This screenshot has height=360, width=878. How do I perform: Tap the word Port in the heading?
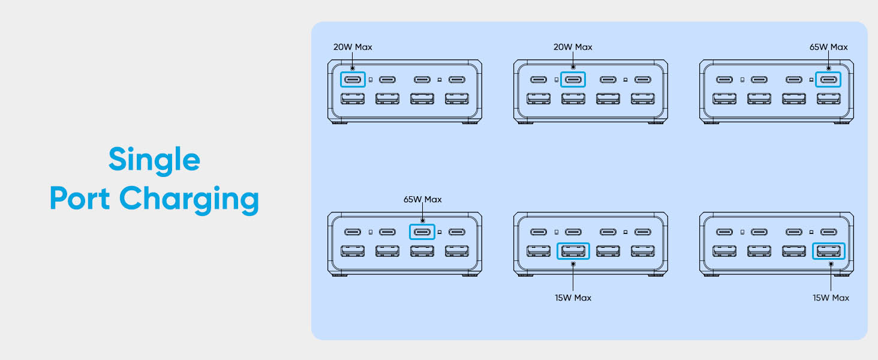80,199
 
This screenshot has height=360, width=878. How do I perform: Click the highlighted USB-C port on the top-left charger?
353,79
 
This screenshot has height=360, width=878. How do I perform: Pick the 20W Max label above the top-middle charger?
572,47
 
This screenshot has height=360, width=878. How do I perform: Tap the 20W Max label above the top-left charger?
353,47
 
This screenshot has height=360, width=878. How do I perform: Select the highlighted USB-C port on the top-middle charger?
573,79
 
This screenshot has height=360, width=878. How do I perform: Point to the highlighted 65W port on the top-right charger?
828,79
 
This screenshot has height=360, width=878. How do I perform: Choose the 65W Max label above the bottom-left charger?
422,199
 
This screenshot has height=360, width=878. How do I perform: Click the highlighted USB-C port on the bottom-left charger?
422,232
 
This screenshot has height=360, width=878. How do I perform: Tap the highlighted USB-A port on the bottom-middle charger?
573,251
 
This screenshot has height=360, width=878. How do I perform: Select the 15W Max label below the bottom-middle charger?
573,298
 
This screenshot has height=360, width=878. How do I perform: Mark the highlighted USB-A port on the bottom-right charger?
829,251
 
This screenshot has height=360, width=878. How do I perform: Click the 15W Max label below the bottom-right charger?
831,298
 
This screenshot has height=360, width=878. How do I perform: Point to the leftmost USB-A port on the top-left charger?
353,98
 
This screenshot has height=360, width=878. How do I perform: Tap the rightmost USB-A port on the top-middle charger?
643,98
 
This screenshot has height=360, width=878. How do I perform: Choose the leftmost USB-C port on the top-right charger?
724,79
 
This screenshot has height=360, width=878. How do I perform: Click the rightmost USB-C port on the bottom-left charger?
457,232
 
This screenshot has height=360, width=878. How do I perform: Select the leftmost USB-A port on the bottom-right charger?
724,251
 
